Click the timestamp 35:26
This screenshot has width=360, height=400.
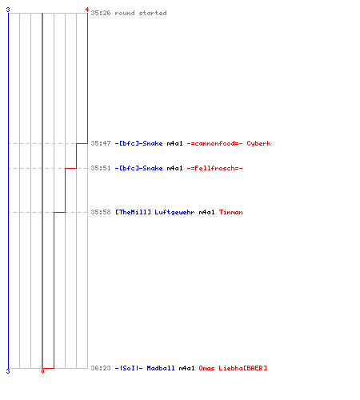[101, 13]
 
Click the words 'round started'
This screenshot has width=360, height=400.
[141, 13]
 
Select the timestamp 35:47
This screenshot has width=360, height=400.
[101, 143]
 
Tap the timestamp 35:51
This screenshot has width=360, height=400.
[101, 168]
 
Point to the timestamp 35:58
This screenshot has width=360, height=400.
[101, 212]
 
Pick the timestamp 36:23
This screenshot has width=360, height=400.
[101, 368]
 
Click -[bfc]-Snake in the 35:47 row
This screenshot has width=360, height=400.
[138, 143]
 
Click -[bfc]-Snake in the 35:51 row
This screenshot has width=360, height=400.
[138, 168]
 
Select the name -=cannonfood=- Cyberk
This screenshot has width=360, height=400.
[229, 143]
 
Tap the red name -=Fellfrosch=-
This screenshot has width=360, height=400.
[214, 168]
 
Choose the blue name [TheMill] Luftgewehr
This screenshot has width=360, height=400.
[154, 212]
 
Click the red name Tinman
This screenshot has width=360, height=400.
[230, 212]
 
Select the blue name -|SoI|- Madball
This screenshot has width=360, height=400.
[145, 368]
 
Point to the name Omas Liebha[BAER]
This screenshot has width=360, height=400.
[233, 368]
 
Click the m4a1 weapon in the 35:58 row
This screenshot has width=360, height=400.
[206, 212]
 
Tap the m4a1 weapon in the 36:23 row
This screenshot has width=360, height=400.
[186, 368]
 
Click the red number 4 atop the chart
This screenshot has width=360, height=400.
[87, 10]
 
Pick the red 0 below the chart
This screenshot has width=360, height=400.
[42, 371]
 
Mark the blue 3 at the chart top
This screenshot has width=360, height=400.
[8, 10]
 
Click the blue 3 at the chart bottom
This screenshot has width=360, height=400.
[8, 371]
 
